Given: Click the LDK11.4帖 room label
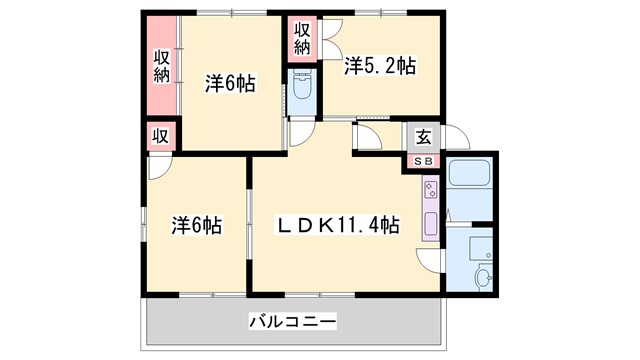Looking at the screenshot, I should pyautogui.click(x=339, y=226).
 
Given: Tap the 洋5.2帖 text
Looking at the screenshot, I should pyautogui.click(x=381, y=67).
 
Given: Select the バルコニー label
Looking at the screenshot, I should pyautogui.click(x=292, y=322).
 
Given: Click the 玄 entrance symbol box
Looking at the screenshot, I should pyautogui.click(x=423, y=138).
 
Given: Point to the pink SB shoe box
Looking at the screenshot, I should pyautogui.click(x=423, y=161).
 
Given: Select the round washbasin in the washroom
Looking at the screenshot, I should pyautogui.click(x=483, y=277).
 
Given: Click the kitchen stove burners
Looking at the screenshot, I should pyautogui.click(x=430, y=189).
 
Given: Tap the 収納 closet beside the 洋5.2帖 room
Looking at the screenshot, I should pyautogui.click(x=302, y=40).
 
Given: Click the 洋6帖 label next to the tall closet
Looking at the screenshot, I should pyautogui.click(x=230, y=84).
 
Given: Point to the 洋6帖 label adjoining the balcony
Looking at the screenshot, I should pyautogui.click(x=195, y=226).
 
